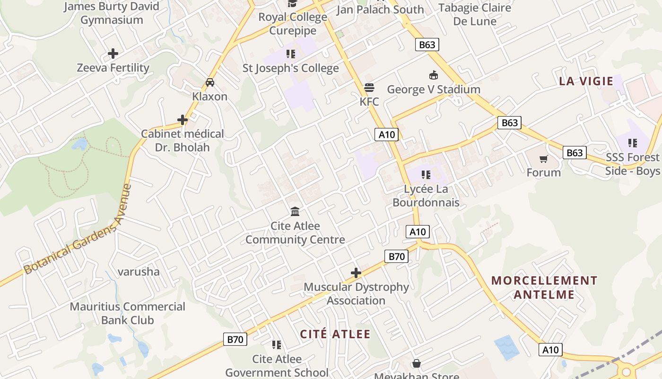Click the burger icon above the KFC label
pyautogui.click(x=369, y=88)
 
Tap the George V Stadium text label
pyautogui.click(x=434, y=89)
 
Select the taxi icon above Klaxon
pyautogui.click(x=210, y=82)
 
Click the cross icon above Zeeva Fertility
pyautogui.click(x=113, y=54)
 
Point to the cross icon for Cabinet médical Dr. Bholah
pyautogui.click(x=183, y=120)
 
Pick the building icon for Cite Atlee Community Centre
pyautogui.click(x=295, y=211)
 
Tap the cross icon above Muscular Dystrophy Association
pyautogui.click(x=356, y=273)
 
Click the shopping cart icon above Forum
pyautogui.click(x=544, y=159)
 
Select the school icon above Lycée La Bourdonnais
pyautogui.click(x=426, y=175)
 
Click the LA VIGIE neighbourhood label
pyautogui.click(x=586, y=81)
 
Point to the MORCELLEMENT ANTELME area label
pyautogui.click(x=544, y=288)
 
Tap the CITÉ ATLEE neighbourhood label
pyautogui.click(x=335, y=334)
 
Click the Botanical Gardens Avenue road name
pyautogui.click(x=78, y=230)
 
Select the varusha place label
pyautogui.click(x=139, y=272)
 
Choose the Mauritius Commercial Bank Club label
pyautogui.click(x=128, y=313)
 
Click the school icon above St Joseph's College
pyautogui.click(x=290, y=54)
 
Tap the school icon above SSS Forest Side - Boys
pyautogui.click(x=632, y=143)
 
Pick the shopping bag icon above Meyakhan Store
pyautogui.click(x=416, y=363)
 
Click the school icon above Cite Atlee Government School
pyautogui.click(x=277, y=344)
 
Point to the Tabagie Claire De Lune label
pyautogui.click(x=475, y=14)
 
